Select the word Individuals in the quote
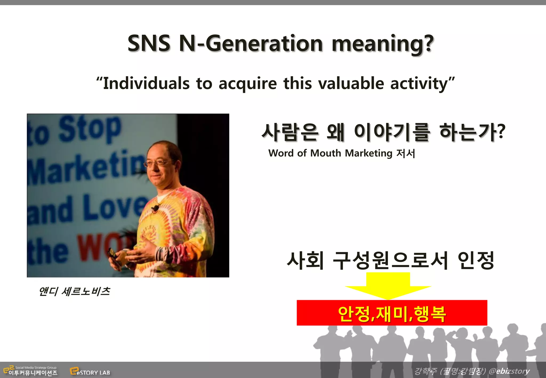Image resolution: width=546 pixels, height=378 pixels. click(x=146, y=83)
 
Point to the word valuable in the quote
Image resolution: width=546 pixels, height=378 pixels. click(x=351, y=83)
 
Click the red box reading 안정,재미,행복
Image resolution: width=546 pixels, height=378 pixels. click(x=392, y=313)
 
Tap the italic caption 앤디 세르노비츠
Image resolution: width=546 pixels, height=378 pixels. click(x=74, y=291)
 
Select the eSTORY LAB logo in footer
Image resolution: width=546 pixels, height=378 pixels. click(x=90, y=371)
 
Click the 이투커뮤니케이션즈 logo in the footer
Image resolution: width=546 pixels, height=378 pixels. click(x=30, y=371)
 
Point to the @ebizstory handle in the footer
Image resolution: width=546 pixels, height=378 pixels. click(x=509, y=371)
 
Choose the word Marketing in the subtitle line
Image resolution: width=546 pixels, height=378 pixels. click(x=368, y=153)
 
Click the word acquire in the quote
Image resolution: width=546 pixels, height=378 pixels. click(x=248, y=84)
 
